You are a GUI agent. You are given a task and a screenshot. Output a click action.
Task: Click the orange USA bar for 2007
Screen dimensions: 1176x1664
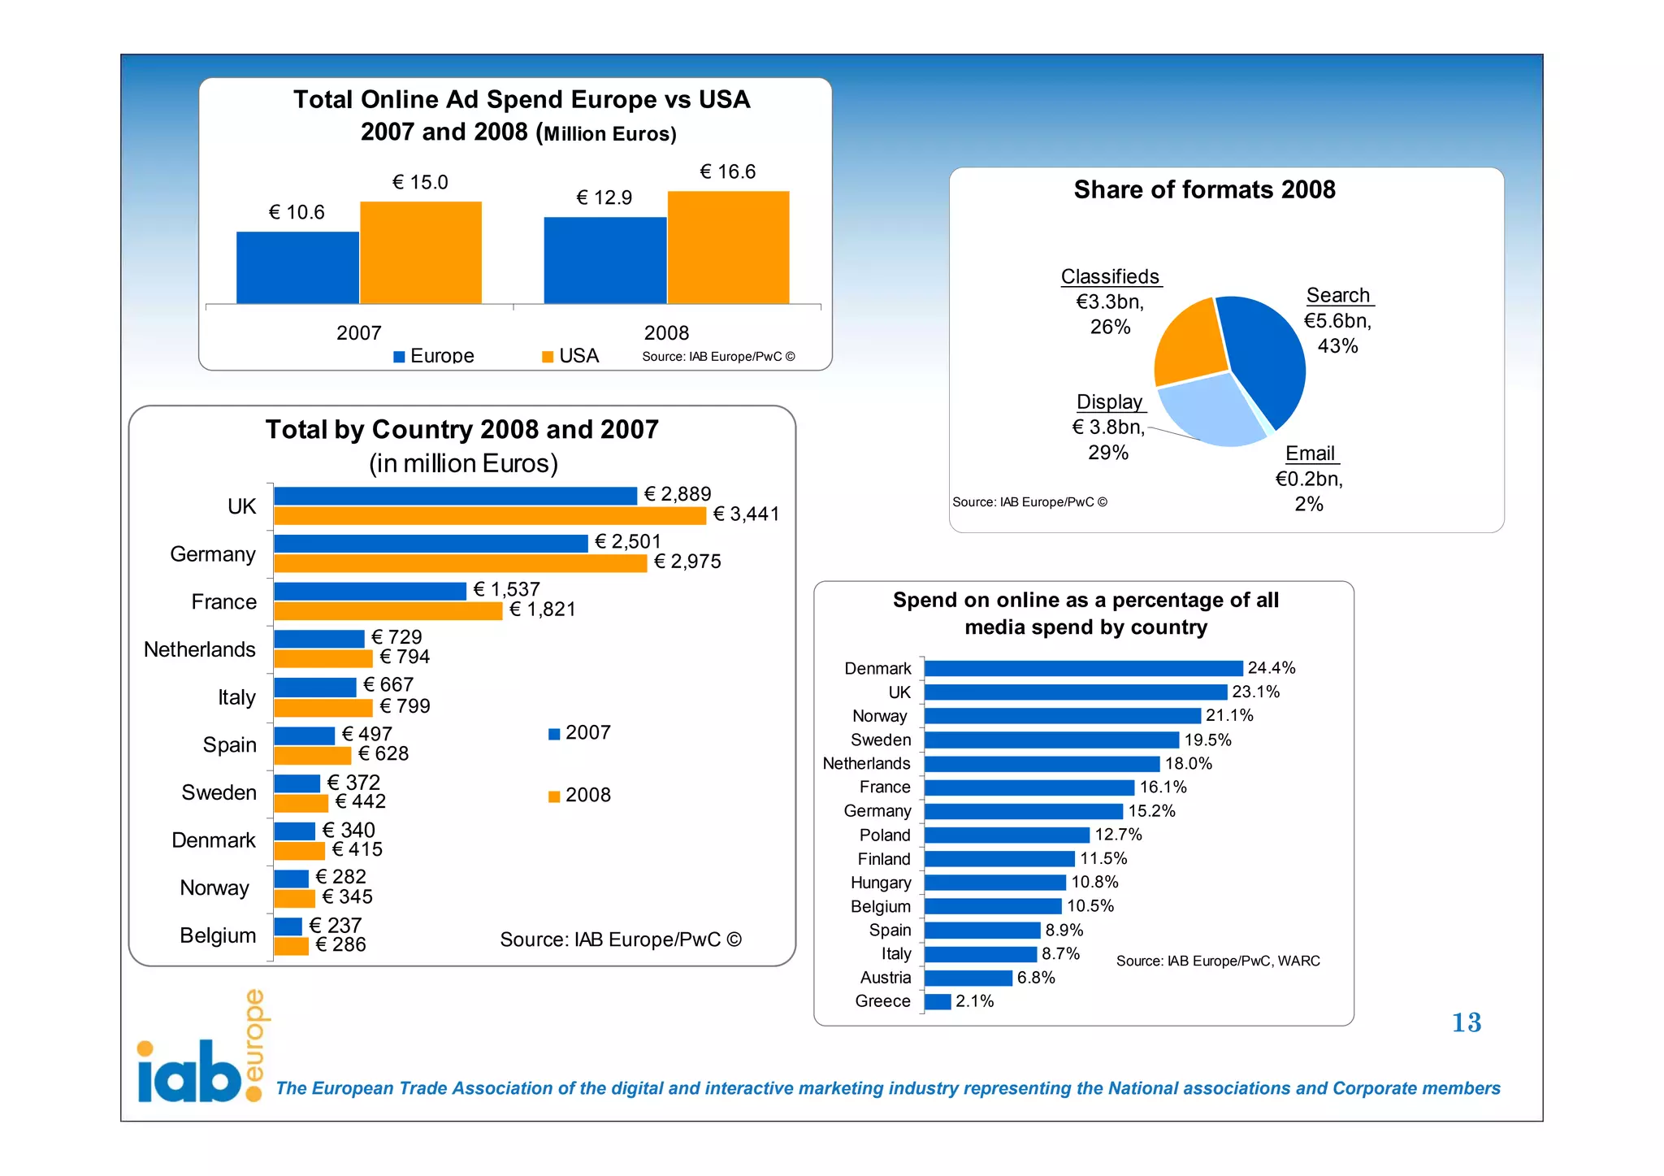point(421,253)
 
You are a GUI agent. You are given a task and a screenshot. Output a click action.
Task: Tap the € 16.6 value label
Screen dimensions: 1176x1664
point(727,172)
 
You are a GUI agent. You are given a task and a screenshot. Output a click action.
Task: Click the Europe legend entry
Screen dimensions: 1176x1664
point(434,356)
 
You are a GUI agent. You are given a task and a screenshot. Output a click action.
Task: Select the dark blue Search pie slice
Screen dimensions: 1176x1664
point(1264,358)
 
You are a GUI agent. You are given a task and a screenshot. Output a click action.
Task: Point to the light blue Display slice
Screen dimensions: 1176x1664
point(1211,410)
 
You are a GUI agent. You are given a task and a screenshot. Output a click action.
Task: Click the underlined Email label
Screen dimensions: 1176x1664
point(1310,453)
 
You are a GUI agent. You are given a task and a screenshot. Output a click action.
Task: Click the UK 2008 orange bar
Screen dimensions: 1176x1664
point(490,515)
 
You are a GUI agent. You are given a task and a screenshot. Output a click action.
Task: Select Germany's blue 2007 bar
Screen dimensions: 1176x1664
point(431,543)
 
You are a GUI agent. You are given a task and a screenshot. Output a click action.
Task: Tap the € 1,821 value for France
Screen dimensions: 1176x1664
point(542,610)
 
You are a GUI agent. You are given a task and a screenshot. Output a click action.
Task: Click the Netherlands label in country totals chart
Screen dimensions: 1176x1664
point(199,649)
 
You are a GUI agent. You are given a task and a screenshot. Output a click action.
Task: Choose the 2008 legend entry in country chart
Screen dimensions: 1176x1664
point(579,795)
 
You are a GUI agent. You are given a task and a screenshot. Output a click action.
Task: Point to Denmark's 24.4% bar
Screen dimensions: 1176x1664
point(1083,668)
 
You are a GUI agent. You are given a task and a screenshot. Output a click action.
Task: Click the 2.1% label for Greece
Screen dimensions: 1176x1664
point(974,1001)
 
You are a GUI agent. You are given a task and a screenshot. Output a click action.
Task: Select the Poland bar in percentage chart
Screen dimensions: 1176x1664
point(1007,835)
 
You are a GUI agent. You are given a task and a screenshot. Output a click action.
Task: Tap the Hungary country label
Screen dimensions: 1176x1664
point(880,883)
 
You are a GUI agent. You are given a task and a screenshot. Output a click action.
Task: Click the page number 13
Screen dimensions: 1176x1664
point(1466,1022)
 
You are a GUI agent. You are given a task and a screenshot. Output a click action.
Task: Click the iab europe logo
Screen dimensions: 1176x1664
point(199,1052)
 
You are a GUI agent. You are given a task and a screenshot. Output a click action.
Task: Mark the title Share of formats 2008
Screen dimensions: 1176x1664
point(1204,190)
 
